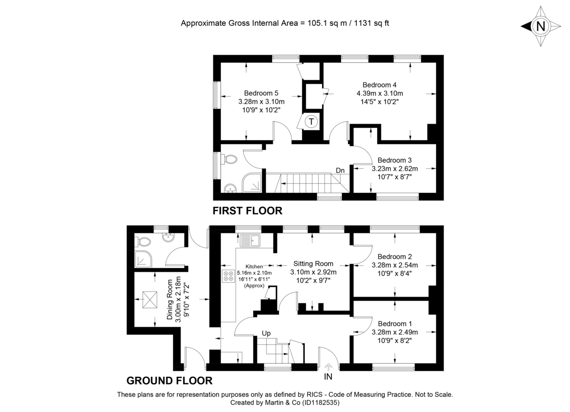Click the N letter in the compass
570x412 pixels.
tap(541, 27)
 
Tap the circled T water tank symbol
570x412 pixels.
tap(311, 122)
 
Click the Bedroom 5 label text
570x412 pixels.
tap(261, 93)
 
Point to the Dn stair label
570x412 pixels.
tap(340, 170)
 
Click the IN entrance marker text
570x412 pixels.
tap(328, 376)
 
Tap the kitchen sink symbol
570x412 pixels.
tap(250, 241)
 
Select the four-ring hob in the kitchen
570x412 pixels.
tap(228, 276)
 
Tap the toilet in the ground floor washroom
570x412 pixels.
tap(143, 241)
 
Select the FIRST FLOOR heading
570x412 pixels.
tap(247, 210)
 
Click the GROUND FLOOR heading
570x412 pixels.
tap(169, 381)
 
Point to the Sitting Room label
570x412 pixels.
tap(313, 264)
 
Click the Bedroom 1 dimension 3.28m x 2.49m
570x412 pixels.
tap(395, 332)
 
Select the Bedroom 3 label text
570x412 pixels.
tap(395, 160)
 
